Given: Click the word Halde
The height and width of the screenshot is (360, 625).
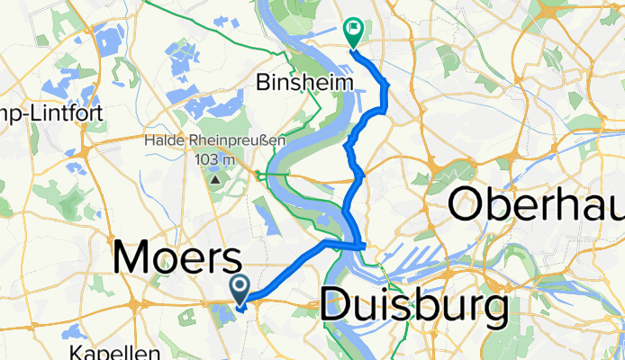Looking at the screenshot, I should [167, 140].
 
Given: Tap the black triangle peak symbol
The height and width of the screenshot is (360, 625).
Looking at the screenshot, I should [215, 179].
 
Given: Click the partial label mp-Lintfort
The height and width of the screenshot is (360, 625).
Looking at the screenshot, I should [52, 113].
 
